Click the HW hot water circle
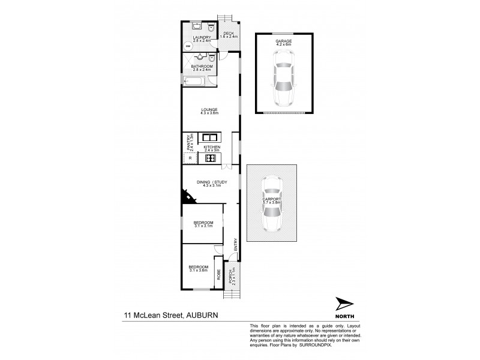[x=188, y=47]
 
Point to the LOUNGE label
[x=210, y=109]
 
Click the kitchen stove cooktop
[x=210, y=158]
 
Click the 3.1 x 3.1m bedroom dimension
[x=203, y=226]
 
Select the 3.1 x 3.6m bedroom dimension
[x=198, y=270]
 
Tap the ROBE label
[x=219, y=276]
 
